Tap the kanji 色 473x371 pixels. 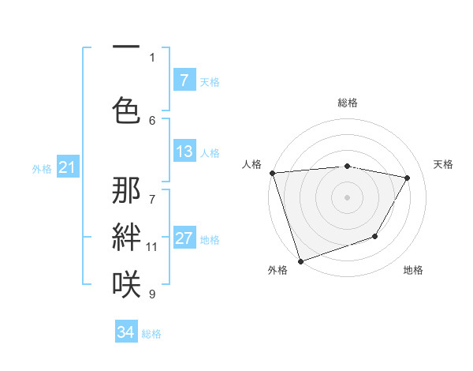[126, 111]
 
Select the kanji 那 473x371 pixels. [126, 192]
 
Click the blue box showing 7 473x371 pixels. [184, 80]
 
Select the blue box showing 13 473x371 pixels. [184, 152]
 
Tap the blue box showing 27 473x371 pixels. [184, 238]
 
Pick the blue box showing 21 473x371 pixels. [67, 167]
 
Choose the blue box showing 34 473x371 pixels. [126, 332]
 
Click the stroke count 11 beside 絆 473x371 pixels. [152, 247]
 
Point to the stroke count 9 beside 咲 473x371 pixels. [152, 294]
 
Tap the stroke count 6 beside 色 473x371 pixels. [152, 120]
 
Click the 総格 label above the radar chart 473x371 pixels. [348, 103]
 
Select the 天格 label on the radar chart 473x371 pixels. [444, 164]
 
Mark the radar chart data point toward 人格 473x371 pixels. [272, 173]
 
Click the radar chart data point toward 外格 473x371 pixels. [300, 260]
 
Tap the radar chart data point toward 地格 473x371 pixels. [376, 236]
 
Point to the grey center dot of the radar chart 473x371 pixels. [348, 197]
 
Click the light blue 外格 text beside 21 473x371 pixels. [42, 168]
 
